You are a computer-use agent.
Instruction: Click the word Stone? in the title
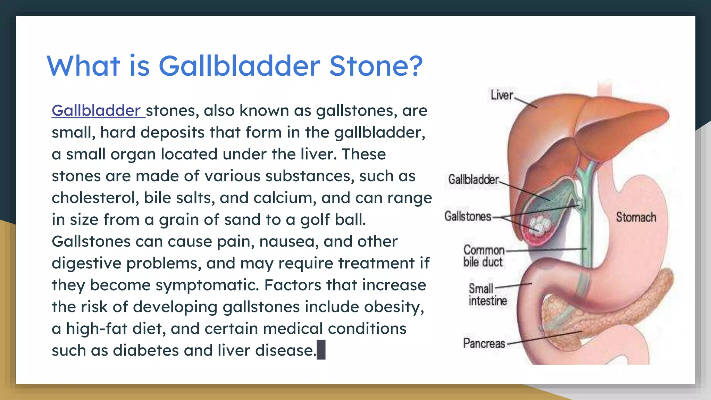pos(376,66)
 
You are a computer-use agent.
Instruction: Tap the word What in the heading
pos(83,66)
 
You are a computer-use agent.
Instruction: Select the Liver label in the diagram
pos(502,95)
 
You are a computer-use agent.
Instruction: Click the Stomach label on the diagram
pos(636,217)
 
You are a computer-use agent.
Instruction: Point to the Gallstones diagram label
pos(468,216)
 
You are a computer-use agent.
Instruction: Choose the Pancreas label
pos(484,343)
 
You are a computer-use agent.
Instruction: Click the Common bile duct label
pos(484,256)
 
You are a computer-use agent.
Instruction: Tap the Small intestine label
pos(487,294)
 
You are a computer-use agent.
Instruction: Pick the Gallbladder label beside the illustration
pos(473,180)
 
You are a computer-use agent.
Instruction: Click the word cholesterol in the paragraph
pos(95,198)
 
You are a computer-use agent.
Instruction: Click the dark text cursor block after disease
pos(321,350)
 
